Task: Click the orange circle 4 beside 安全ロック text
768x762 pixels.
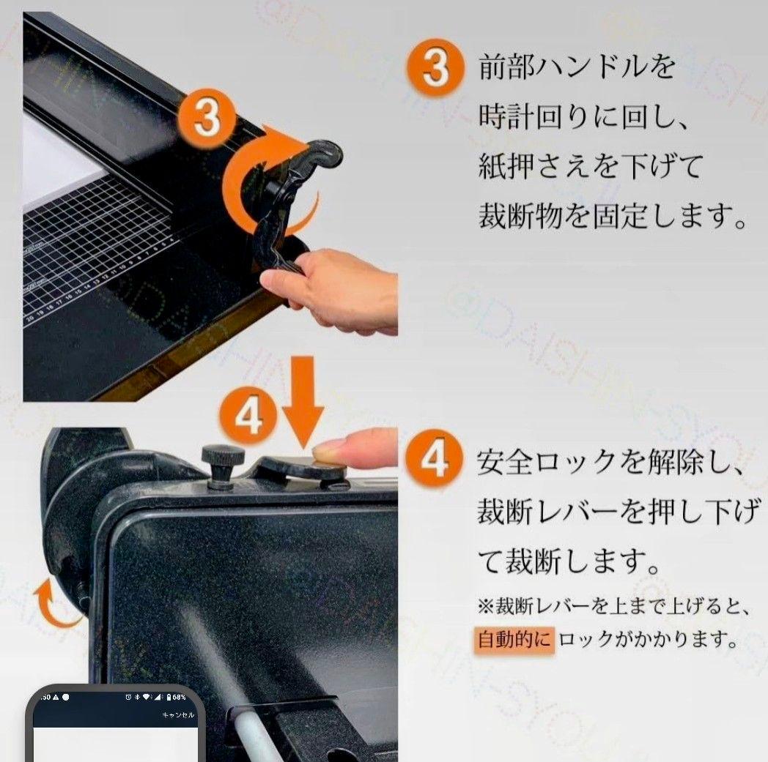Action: click(435, 462)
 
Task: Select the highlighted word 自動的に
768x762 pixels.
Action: click(512, 640)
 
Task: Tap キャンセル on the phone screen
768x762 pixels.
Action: click(178, 714)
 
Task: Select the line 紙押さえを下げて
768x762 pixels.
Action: click(590, 166)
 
